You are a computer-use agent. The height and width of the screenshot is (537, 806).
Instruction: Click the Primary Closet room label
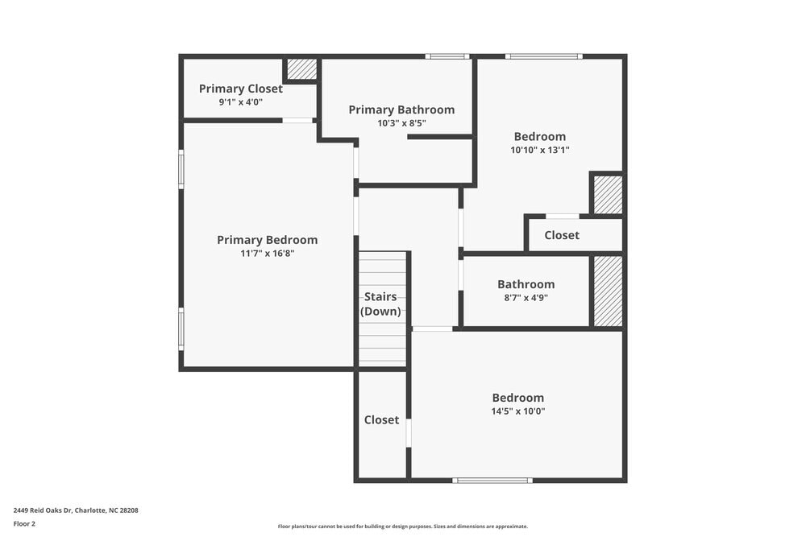[x=240, y=89]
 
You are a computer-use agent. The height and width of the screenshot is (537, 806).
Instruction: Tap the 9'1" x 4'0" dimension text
[x=240, y=102]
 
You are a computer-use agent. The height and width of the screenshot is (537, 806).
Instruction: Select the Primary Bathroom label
[x=401, y=109]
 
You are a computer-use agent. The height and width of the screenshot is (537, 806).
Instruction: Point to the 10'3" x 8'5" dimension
[x=401, y=123]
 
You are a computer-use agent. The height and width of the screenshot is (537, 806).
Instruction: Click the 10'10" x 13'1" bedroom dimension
[x=539, y=150]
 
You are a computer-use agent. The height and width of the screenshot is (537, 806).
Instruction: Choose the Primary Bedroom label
[x=267, y=240]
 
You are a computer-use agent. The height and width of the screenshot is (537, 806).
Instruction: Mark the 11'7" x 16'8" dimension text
[x=267, y=254]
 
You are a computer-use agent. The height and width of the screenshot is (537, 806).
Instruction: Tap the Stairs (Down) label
[x=380, y=304]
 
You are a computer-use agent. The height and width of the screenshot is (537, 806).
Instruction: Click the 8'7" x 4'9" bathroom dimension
[x=526, y=297]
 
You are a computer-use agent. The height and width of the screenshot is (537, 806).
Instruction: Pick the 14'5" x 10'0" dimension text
[x=517, y=411]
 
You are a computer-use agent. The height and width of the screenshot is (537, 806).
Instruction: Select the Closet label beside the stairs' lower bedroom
[x=381, y=419]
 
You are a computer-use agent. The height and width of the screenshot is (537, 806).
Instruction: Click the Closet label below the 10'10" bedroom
[x=561, y=235]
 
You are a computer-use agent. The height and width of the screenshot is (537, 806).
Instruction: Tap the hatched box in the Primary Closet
[x=302, y=69]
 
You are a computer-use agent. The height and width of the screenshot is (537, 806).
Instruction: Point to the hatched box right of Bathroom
[x=608, y=291]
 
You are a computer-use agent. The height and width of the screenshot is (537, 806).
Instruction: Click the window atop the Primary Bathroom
[x=447, y=56]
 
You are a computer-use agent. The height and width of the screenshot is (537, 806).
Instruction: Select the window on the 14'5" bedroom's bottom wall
[x=492, y=481]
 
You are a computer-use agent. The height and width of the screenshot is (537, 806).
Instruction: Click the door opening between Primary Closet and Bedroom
[x=297, y=121]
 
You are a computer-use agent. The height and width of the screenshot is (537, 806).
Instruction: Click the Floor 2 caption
[x=24, y=523]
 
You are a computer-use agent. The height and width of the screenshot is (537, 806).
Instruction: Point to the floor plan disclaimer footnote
[x=402, y=526]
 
